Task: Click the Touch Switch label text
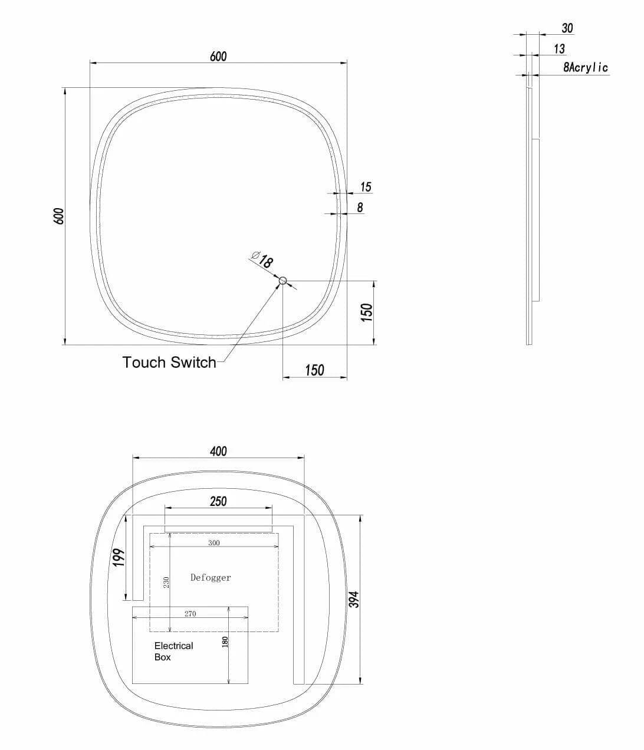169,362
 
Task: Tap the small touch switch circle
283,281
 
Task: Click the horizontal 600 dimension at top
218,57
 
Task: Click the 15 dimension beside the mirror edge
366,187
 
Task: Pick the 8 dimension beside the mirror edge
360,208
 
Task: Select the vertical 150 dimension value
367,312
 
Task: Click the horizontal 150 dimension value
314,370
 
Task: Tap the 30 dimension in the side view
567,28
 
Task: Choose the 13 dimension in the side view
559,49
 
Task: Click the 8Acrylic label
585,68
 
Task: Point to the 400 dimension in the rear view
218,452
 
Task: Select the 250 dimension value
218,502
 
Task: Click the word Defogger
211,578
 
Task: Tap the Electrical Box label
173,652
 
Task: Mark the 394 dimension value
354,600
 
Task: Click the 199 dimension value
119,557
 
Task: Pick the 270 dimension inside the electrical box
190,614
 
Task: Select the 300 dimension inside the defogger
213,543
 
